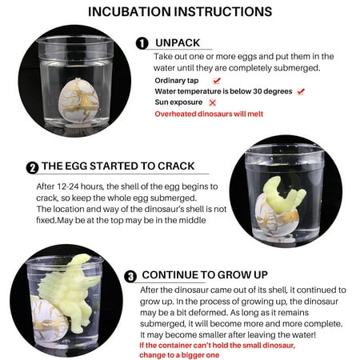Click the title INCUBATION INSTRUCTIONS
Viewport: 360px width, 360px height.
coord(180,12)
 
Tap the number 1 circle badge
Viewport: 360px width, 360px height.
coord(142,43)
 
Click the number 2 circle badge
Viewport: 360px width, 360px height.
coord(32,168)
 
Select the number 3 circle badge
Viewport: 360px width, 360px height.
coord(130,276)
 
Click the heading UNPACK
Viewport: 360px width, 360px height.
coord(178,42)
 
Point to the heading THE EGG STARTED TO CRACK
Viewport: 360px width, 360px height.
coord(118,166)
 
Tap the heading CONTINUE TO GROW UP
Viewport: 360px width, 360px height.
coord(205,274)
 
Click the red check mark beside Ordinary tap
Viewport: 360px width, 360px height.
coord(217,80)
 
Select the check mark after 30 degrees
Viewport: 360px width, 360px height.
coord(301,91)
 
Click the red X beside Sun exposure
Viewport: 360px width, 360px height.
coord(213,102)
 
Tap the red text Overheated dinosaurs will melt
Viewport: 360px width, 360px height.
coord(209,114)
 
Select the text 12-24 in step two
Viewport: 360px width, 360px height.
coord(68,186)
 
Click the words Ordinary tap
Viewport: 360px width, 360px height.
coord(177,81)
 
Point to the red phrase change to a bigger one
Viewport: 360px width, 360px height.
coord(179,355)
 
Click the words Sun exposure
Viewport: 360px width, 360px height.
coord(178,102)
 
